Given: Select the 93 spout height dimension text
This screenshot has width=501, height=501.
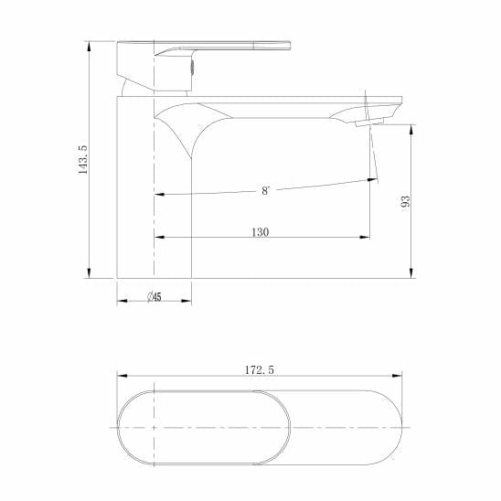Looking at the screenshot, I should click(405, 200).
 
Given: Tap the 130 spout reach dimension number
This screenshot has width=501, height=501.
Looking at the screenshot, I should click(260, 232).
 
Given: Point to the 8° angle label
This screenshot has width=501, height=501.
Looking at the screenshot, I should click(265, 191).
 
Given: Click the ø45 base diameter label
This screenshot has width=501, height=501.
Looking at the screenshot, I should click(154, 297).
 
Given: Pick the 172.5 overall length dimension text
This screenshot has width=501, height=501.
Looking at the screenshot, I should click(261, 369).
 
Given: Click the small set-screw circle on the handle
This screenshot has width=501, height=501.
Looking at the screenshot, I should click(193, 66).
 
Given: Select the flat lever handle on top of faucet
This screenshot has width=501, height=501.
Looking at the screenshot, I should click(229, 47).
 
